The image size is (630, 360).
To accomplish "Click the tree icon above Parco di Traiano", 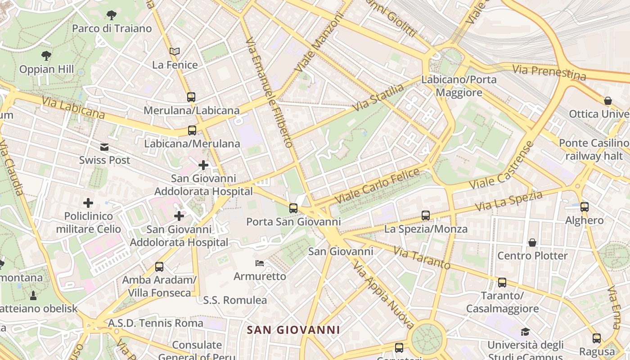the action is coord(112,15).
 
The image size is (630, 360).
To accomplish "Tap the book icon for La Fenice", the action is coord(175,52).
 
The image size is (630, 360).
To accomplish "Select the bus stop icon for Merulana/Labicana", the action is coord(191,97).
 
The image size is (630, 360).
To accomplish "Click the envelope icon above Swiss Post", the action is coord(104,147).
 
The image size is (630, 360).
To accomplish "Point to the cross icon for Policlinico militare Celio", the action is coord(88,203).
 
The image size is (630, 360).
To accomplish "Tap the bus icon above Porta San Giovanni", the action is coord(293,208).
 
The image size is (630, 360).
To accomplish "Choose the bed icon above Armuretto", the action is coord(260,263).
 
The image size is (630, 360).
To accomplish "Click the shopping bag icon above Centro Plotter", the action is coord(532,243).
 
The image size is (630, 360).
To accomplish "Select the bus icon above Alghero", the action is coord(584,207).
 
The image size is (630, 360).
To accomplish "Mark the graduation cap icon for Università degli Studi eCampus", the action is coord(525,332).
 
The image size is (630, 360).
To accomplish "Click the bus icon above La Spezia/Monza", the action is coord(426,216).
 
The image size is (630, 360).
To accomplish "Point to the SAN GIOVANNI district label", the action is coord(293,330).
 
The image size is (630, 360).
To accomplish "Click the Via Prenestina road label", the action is coord(549,72).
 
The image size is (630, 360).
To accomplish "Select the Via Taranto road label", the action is coord(422,257).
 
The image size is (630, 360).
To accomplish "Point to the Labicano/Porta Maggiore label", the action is coord(459,86).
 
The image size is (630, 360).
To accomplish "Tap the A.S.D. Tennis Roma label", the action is coord(156,323).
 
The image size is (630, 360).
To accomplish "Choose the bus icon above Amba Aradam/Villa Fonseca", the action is coord(159,266).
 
